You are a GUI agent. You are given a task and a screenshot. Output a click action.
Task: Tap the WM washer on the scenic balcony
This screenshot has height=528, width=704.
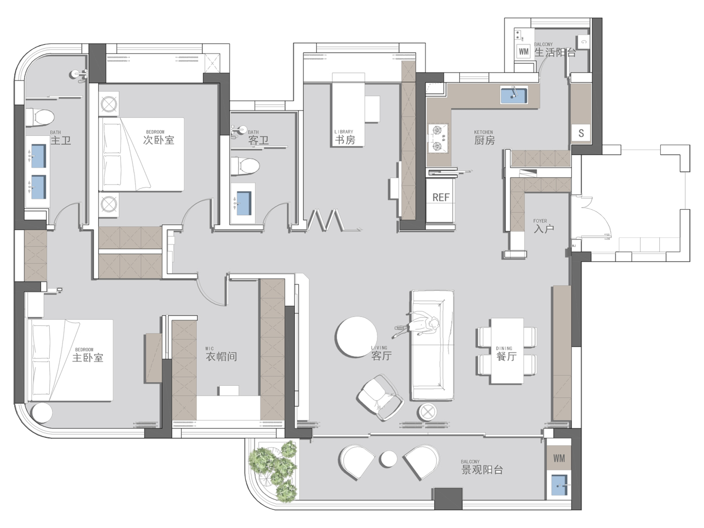click(559, 458)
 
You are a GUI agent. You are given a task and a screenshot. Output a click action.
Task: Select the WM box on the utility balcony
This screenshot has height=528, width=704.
click(524, 52)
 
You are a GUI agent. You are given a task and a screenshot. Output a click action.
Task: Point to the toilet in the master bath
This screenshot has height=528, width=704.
click(40, 117)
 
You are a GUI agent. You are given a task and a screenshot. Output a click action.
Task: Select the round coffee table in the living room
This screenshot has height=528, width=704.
click(356, 336)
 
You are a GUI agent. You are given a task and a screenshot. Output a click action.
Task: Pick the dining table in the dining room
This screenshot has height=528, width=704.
click(507, 351)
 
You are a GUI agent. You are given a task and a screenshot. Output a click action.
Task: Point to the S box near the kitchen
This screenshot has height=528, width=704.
click(581, 133)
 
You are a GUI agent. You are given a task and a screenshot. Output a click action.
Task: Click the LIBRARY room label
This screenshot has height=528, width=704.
click(344, 132)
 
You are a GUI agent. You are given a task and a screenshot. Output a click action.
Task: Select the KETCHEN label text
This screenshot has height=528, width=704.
click(483, 132)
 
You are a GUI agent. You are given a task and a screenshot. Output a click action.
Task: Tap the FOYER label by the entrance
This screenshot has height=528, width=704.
click(540, 221)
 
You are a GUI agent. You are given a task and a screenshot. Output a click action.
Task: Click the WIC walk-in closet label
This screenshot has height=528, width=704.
click(209, 349)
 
